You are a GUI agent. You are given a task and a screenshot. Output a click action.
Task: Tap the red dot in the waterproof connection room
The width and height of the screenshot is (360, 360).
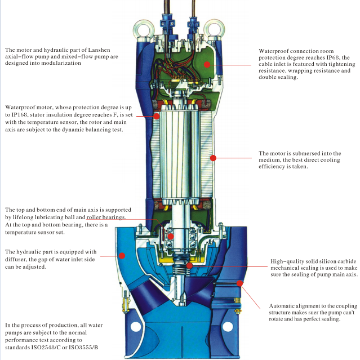coord(207,65)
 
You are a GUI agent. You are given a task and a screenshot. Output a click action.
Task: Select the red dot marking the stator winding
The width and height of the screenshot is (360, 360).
coord(156,115)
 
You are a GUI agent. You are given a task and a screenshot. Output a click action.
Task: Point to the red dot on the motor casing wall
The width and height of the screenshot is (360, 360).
coord(214,158)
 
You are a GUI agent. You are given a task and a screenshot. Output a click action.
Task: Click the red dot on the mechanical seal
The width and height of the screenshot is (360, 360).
coord(189,265)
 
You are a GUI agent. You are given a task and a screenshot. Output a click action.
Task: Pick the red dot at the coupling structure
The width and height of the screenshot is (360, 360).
coord(241,282)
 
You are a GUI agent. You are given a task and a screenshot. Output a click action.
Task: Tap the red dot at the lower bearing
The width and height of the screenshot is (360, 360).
coord(170,237)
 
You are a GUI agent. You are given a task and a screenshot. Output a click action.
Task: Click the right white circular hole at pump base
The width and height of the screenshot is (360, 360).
coord(227,326)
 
